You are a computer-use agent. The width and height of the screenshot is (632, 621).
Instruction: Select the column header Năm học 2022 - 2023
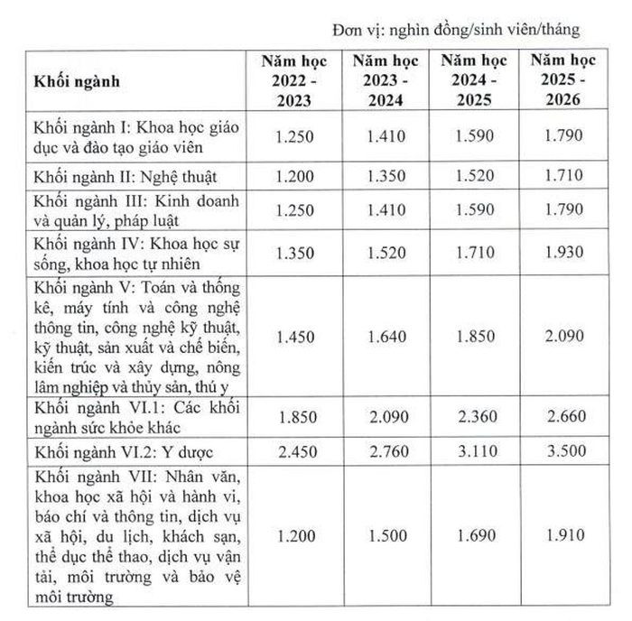tap(297, 80)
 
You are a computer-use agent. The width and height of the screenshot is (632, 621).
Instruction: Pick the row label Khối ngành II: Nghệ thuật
tap(126, 175)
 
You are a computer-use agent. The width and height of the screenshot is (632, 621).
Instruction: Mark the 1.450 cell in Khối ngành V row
tap(297, 337)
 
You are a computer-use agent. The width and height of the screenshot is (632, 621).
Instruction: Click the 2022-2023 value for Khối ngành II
tap(297, 174)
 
